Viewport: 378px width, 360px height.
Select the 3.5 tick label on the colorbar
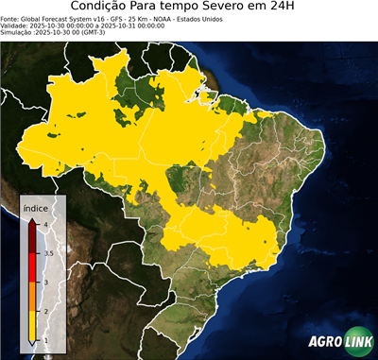pos(47,253)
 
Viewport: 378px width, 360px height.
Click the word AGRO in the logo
pos(323,342)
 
